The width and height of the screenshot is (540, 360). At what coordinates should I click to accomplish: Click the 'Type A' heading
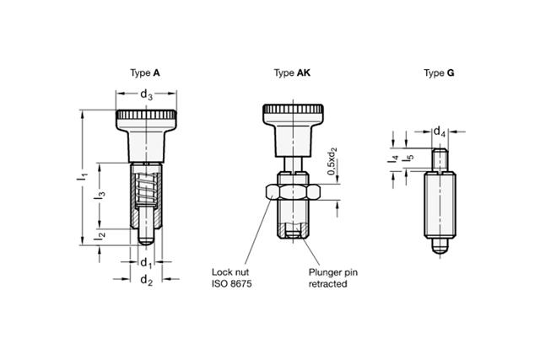point(146,73)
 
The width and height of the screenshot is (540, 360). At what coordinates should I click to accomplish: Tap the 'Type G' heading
point(439,73)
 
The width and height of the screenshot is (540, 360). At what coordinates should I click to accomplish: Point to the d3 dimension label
point(146,95)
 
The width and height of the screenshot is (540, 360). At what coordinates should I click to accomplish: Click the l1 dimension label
point(83,178)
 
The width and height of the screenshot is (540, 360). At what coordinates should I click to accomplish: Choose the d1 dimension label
point(146,262)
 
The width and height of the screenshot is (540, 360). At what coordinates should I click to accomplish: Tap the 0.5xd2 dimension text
point(333,161)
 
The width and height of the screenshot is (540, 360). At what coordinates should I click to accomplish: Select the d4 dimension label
point(440,132)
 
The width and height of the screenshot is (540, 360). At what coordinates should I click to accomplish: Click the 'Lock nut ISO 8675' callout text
point(232,278)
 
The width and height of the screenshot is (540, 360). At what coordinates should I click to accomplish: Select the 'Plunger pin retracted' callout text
point(329,278)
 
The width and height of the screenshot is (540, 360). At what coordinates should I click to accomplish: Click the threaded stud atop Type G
point(439,159)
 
